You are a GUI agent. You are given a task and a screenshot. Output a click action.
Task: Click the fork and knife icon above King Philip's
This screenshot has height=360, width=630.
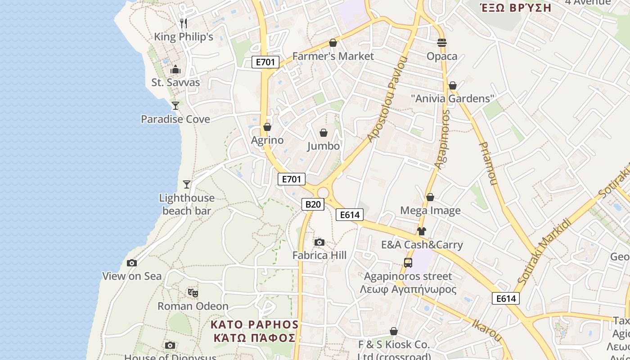point(183,23)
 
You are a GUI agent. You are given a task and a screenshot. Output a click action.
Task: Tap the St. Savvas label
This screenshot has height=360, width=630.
point(175,82)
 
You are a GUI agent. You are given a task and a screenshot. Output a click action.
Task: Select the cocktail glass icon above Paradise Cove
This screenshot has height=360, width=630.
point(175,106)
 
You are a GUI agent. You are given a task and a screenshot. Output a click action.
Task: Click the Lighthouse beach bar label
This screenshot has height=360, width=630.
point(187,204)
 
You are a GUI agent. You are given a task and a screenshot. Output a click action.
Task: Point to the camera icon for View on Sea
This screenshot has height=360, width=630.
point(132,263)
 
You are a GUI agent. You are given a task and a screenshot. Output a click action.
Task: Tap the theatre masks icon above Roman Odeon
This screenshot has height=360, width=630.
point(193,293)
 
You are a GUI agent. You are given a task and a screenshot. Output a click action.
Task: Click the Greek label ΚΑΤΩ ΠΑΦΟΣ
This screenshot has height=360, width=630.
point(254,338)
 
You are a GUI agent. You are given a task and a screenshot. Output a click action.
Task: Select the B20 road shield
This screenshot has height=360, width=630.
point(313,204)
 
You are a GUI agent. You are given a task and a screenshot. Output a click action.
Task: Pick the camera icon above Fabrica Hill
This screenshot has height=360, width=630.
point(319,243)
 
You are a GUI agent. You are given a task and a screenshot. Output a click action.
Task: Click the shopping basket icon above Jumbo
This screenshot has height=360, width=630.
point(323,133)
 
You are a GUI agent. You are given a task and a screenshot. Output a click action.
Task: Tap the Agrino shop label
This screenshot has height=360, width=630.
point(267,140)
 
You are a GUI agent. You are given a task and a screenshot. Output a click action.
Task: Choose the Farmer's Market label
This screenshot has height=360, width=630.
point(333,56)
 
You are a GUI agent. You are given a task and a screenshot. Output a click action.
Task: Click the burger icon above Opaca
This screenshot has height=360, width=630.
point(442,43)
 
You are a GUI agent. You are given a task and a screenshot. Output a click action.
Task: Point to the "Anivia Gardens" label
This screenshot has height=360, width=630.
point(453,99)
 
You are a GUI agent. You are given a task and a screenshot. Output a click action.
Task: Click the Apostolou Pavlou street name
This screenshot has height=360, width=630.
point(387,99)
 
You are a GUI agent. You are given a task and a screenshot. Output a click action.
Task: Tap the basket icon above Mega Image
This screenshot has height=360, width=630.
point(430,197)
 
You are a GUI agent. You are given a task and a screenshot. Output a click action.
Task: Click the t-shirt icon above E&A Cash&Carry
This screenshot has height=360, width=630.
point(421,231)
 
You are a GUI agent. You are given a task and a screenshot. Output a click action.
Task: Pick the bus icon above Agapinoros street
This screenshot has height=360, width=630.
point(408,263)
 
